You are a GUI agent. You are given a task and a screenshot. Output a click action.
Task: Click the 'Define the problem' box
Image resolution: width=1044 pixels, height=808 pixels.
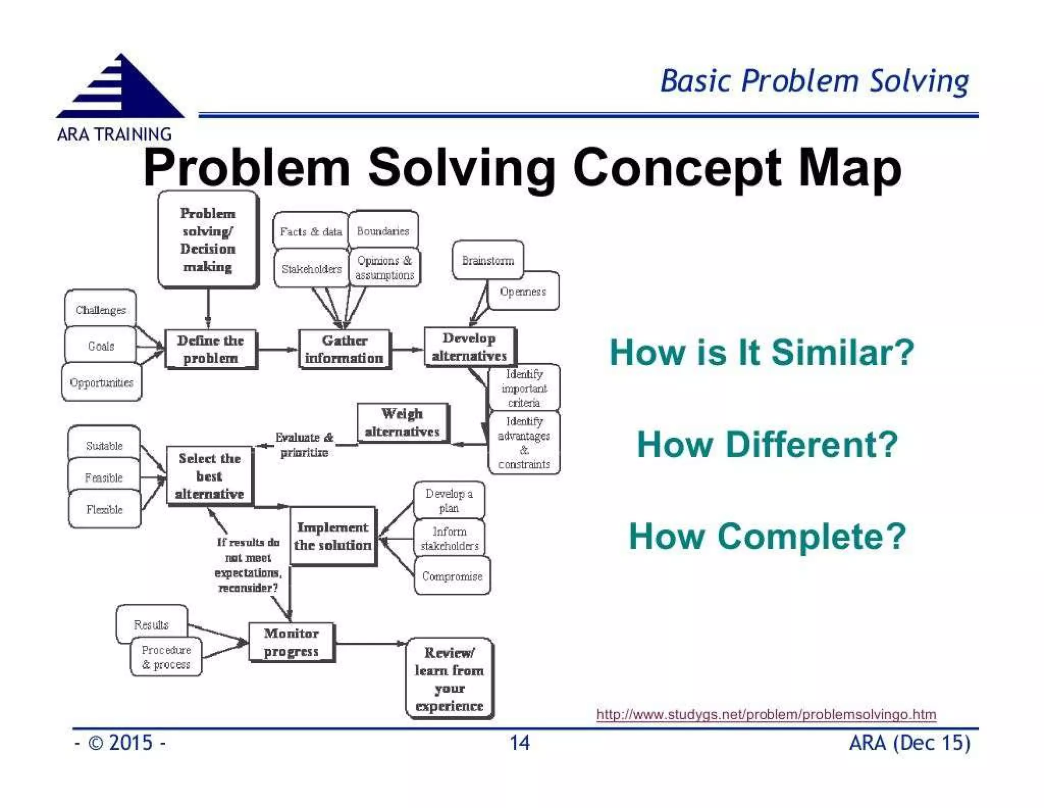[x=211, y=349]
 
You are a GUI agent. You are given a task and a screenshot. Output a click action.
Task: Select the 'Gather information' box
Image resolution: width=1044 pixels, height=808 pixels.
[x=344, y=349]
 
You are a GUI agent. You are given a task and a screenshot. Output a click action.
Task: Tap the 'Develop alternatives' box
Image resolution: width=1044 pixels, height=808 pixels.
[x=469, y=347]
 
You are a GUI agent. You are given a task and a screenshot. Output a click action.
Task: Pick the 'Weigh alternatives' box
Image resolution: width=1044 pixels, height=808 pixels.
[x=402, y=422]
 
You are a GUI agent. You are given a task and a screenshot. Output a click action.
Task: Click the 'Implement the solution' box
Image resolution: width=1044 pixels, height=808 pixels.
[x=333, y=536]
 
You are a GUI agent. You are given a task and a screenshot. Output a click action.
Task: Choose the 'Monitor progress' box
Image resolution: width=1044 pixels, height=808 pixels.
[x=291, y=642]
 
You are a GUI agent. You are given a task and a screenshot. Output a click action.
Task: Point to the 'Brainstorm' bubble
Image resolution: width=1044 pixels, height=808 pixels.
[x=487, y=260]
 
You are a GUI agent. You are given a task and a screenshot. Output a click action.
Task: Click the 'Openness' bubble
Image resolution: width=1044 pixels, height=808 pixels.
[x=523, y=291]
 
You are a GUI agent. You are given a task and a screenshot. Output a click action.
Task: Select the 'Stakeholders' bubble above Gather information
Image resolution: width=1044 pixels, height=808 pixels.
[x=311, y=269]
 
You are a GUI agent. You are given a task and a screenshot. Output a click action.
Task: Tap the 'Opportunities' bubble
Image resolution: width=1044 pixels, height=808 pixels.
[x=101, y=382]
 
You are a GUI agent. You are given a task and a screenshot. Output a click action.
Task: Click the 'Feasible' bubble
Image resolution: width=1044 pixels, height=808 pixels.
[x=104, y=477]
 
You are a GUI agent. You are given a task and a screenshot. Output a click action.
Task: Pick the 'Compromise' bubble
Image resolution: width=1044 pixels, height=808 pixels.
[x=452, y=576]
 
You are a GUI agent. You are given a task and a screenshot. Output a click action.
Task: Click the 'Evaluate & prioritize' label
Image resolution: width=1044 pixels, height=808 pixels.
[x=304, y=444]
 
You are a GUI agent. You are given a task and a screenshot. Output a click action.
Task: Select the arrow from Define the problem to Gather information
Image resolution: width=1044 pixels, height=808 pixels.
[x=277, y=349]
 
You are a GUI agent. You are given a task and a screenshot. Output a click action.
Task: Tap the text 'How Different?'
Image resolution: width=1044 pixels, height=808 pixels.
[x=767, y=444]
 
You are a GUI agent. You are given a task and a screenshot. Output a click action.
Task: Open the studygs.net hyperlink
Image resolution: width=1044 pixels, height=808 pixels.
[x=766, y=714]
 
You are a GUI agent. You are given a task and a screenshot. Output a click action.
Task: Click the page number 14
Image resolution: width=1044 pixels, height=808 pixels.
[x=519, y=742]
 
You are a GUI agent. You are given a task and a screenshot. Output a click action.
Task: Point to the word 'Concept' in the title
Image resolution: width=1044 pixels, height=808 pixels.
[x=676, y=168]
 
